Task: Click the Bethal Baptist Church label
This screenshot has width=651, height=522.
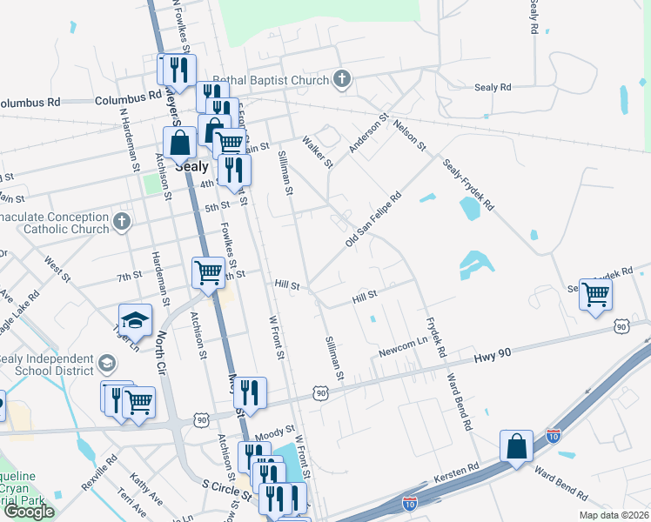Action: click(272, 80)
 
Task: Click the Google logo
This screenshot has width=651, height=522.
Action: click(29, 512)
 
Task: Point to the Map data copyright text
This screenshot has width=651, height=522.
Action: click(614, 515)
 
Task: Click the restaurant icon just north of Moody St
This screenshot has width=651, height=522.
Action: click(250, 392)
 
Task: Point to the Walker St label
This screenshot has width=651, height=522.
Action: click(317, 151)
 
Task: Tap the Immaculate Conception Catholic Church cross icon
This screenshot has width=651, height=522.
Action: click(121, 222)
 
